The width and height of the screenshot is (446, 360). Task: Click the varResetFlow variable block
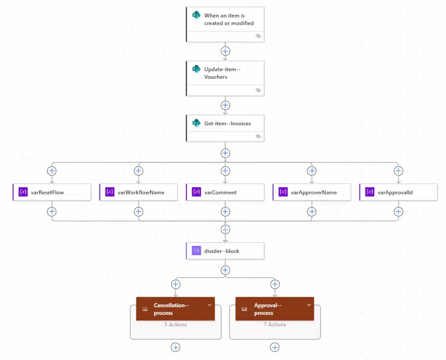(52, 192)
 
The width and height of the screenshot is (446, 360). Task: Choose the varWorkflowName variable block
(139, 192)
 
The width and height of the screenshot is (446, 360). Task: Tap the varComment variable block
(225, 192)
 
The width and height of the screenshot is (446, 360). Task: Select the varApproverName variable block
(312, 192)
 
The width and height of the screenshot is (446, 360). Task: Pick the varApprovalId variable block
(399, 192)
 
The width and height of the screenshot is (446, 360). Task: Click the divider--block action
(225, 251)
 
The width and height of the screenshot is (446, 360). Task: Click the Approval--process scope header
(269, 309)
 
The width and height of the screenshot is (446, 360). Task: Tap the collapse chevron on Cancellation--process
(209, 305)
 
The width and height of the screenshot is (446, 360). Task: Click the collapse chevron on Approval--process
(309, 305)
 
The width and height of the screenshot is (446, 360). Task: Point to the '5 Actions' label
(176, 325)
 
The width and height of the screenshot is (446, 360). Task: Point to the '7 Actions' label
(275, 325)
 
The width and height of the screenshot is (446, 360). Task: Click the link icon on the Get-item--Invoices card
(258, 136)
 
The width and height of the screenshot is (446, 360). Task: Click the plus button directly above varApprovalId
(398, 171)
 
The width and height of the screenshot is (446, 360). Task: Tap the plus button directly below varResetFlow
(52, 211)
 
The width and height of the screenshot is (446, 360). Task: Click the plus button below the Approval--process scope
(275, 347)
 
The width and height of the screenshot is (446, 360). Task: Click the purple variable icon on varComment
(196, 192)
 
